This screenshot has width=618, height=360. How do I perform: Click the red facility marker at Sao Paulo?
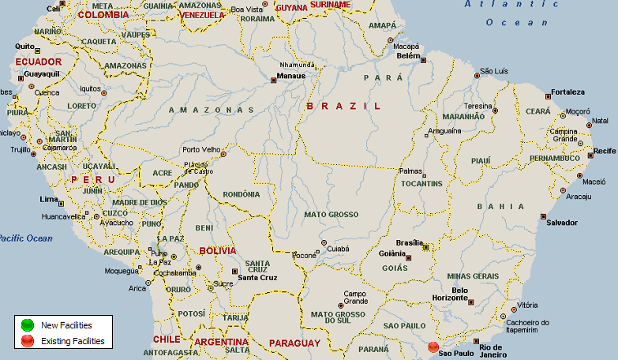coord(433,347)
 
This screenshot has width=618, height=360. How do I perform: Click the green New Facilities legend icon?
coord(28,324)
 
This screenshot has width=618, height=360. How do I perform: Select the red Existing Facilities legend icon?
coord(28,341)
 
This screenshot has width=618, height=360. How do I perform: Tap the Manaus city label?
coord(290,77)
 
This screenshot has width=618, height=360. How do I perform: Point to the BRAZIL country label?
coord(343,105)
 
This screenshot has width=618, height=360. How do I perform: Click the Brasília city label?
coord(410,242)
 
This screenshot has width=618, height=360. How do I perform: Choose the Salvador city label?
coord(562,223)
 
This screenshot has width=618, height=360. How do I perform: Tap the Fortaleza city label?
coord(568,92)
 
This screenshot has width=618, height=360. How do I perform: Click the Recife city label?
coord(605,150)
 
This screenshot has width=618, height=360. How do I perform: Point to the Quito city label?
coord(24,47)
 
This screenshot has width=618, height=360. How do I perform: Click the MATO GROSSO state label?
coord(331,214)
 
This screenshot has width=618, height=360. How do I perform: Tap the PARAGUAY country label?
coord(294,343)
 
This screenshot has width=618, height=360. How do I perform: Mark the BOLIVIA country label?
coord(217,250)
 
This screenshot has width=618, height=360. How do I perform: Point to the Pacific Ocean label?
coord(26,238)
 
